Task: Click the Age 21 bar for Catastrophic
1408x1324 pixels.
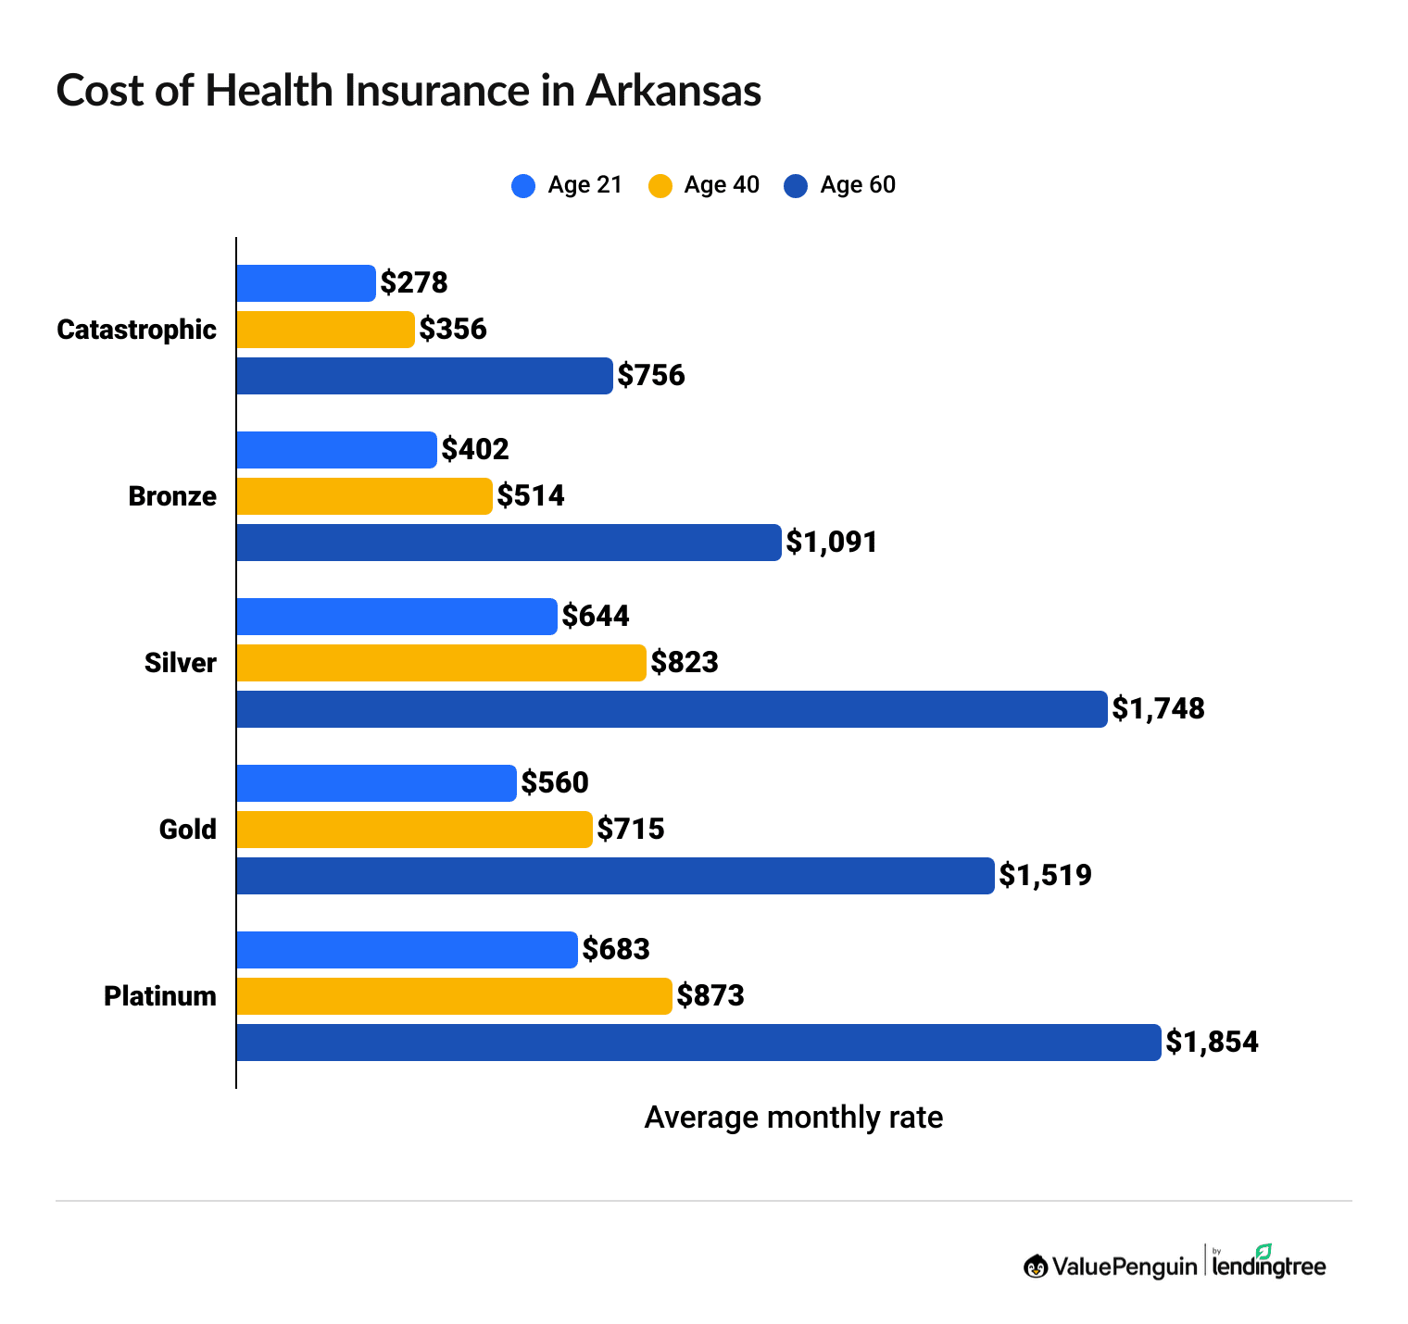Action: click(x=306, y=283)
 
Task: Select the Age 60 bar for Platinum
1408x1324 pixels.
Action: click(x=698, y=1043)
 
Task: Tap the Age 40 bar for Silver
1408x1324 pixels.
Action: click(x=441, y=663)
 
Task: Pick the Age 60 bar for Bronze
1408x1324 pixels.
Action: click(x=509, y=543)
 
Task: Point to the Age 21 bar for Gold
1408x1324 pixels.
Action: click(x=376, y=783)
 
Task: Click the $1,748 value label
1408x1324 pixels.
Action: click(x=1158, y=709)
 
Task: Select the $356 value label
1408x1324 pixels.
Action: click(x=453, y=330)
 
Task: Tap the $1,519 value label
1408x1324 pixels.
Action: click(x=1045, y=876)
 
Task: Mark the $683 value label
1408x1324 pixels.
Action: click(x=616, y=950)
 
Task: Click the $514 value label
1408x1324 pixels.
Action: click(x=531, y=496)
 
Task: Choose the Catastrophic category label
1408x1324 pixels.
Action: click(x=136, y=330)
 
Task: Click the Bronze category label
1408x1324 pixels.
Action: click(x=172, y=496)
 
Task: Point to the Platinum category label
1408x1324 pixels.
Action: click(x=160, y=996)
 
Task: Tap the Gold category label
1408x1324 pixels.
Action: click(x=187, y=830)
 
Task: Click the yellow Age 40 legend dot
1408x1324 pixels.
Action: click(x=660, y=186)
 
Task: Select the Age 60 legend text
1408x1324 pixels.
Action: click(x=858, y=185)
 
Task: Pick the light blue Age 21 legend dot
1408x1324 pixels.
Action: click(x=523, y=186)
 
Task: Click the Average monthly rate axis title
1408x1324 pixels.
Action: click(x=793, y=1118)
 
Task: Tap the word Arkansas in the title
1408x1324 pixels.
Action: click(x=673, y=91)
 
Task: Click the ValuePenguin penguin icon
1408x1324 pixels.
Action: click(x=1036, y=1266)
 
